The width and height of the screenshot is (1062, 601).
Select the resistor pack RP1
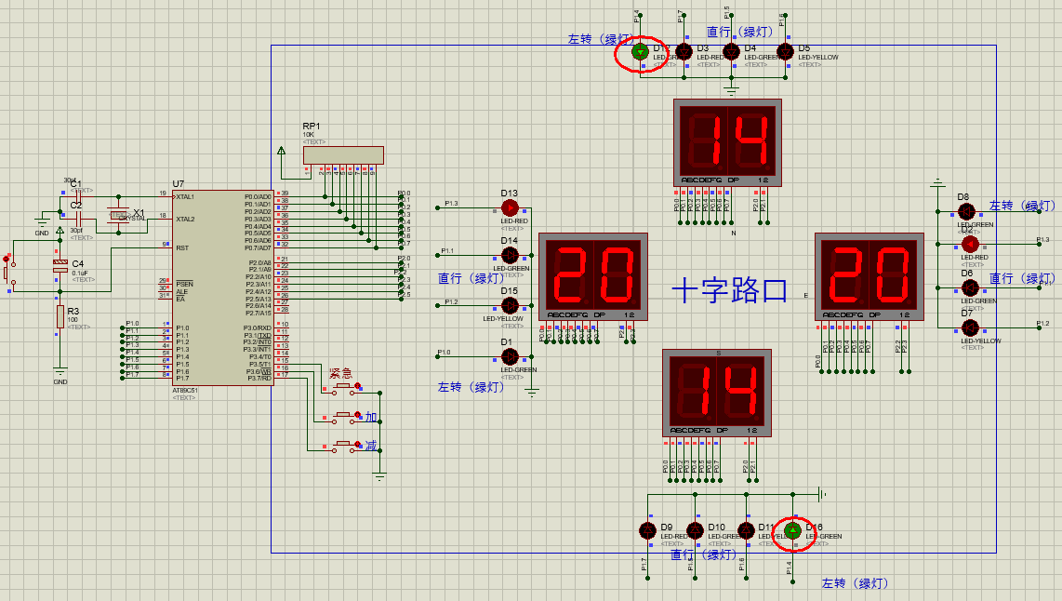(343, 156)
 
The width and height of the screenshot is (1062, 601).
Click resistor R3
(60, 316)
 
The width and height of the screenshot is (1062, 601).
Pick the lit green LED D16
(792, 530)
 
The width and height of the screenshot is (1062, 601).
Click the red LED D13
(510, 207)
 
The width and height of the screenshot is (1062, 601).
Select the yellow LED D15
(510, 305)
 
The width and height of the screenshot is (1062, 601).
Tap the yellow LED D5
(786, 51)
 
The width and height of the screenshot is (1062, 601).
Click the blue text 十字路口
(730, 292)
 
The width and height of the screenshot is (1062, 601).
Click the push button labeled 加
(344, 416)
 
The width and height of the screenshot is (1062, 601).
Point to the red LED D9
(648, 530)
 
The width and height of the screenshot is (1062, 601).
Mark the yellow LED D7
(969, 327)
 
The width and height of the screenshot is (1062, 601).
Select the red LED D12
(969, 244)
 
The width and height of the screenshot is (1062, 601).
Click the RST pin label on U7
(182, 248)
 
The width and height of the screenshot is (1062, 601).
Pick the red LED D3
(684, 51)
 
